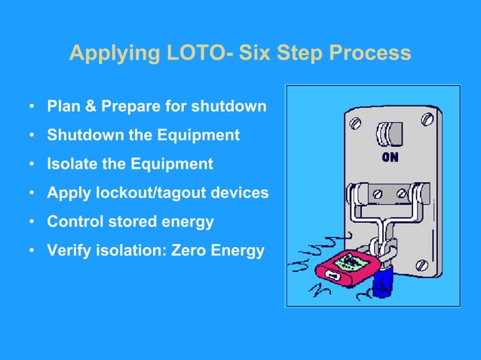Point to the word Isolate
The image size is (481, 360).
click(73, 164)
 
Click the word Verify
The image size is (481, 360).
click(69, 250)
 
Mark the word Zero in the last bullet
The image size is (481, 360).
click(192, 250)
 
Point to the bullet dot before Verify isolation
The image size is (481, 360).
click(32, 251)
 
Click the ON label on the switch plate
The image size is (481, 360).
click(390, 158)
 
